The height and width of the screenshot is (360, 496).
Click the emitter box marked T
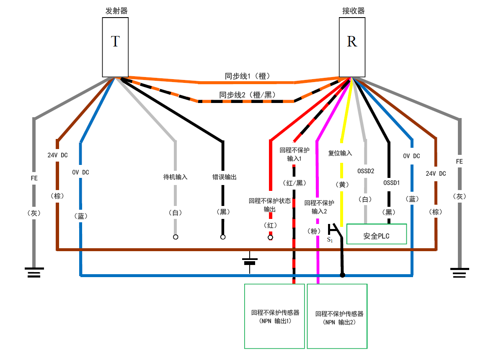click(115, 47)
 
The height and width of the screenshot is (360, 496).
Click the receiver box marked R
click(351, 47)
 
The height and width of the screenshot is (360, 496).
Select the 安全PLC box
click(377, 234)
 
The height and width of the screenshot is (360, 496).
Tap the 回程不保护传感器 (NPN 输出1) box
click(274, 316)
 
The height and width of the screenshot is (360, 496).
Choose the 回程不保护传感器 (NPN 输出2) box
click(337, 316)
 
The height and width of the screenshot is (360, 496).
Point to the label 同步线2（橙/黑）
click(247, 95)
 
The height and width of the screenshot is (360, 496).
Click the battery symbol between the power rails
click(250, 262)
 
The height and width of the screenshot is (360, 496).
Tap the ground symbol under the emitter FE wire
click(34, 273)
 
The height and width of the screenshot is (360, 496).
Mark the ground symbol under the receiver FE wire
click(460, 273)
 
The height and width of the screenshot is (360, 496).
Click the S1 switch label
click(330, 240)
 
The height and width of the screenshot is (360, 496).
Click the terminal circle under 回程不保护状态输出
click(270, 238)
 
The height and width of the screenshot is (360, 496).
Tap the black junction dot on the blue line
click(342, 275)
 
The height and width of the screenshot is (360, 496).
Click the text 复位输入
click(340, 154)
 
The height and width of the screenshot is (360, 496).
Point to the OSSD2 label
click(366, 171)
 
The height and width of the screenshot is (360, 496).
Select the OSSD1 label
click(392, 183)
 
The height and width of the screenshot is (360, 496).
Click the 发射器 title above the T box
click(116, 11)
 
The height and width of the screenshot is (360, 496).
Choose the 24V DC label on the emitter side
click(57, 155)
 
